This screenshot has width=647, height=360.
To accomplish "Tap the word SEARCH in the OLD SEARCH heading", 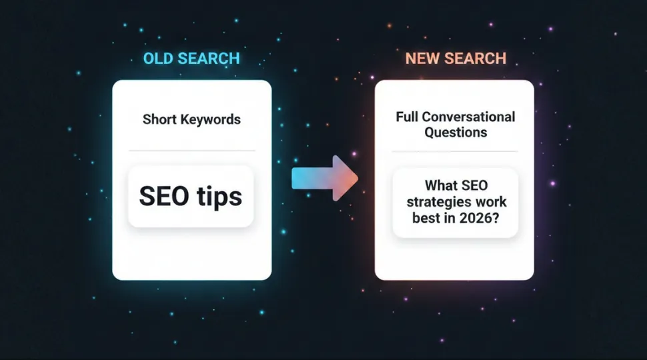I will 208,59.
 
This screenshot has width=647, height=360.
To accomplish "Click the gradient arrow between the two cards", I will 325,179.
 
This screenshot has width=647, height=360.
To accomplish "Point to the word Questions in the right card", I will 455,132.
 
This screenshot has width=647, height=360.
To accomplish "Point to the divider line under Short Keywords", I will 191,150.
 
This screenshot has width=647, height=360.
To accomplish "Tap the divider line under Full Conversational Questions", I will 454,151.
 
